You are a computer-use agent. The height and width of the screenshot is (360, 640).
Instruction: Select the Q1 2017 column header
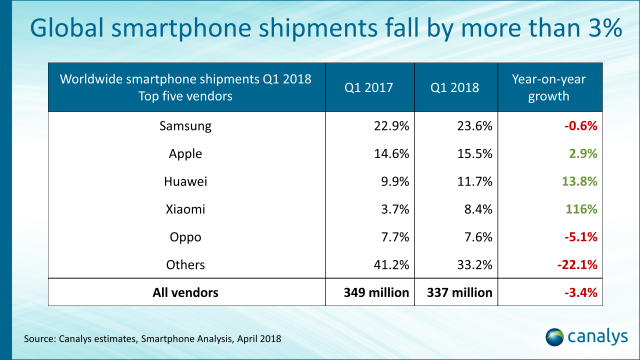click(370, 89)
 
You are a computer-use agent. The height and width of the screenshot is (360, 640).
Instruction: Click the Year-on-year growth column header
click(553, 89)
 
